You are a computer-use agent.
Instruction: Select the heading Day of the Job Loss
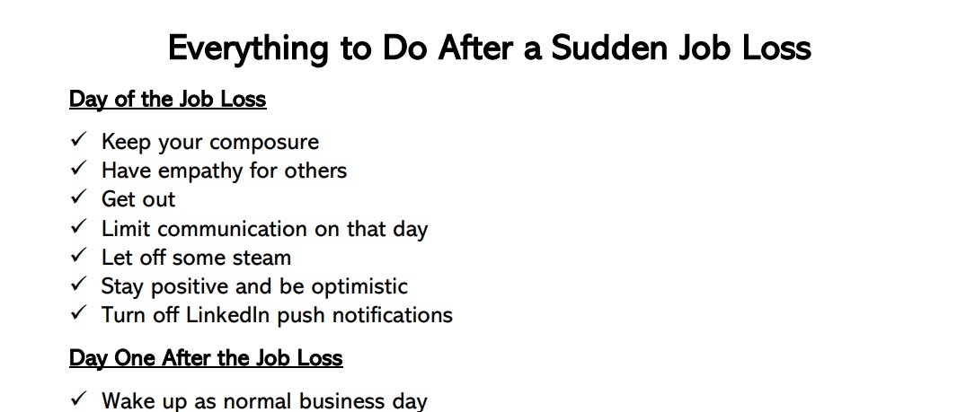click(x=167, y=99)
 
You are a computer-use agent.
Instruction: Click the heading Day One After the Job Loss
click(x=206, y=358)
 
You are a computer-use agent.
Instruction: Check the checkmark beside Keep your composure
click(x=79, y=139)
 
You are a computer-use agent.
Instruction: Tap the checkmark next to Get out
click(x=79, y=197)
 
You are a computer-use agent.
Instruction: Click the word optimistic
click(x=359, y=287)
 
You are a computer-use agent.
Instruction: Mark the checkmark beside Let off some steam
click(x=79, y=255)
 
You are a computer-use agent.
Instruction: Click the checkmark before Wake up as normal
click(x=79, y=399)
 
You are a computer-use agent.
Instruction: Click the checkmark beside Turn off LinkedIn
click(x=79, y=312)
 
